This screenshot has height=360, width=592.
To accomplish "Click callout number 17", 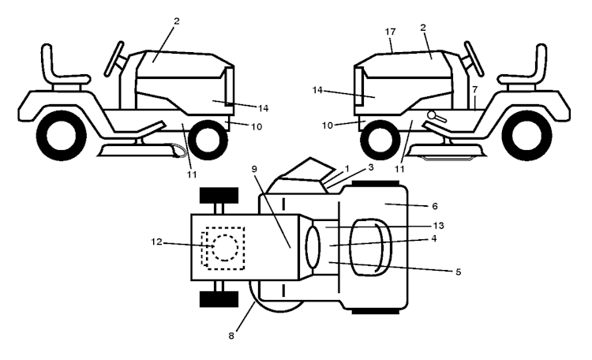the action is tap(391, 32).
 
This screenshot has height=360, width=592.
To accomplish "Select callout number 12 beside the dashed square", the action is tap(156, 242).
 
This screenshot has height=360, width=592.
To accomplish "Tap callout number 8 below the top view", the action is tap(231, 336).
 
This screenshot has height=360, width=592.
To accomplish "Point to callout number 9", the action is tap(254, 169).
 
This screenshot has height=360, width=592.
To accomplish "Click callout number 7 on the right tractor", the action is tap(475, 89).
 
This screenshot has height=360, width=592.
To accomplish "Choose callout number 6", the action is tap(435, 206).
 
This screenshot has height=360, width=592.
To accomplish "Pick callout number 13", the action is tap(438, 226).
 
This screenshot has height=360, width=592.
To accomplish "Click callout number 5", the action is tap(458, 272).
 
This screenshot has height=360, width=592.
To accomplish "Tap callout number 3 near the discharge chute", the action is tap(371, 167).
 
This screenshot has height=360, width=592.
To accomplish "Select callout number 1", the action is tap(347, 169).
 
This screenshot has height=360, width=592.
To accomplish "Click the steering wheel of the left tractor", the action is tap(114, 59).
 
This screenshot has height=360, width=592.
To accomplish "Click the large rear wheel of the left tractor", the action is tap(61, 136).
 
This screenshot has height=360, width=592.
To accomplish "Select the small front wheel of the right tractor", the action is tap(380, 140).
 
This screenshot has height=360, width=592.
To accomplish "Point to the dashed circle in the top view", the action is tap(226, 248).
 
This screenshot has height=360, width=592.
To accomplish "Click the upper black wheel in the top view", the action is tap(219, 195).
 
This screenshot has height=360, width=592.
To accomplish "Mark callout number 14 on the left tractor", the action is tap(263, 108).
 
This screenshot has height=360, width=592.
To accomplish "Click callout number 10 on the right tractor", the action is tap(327, 126).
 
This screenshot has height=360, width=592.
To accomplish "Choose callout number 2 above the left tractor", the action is tap(176, 21).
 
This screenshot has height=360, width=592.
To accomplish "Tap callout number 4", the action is tap(434, 238).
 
